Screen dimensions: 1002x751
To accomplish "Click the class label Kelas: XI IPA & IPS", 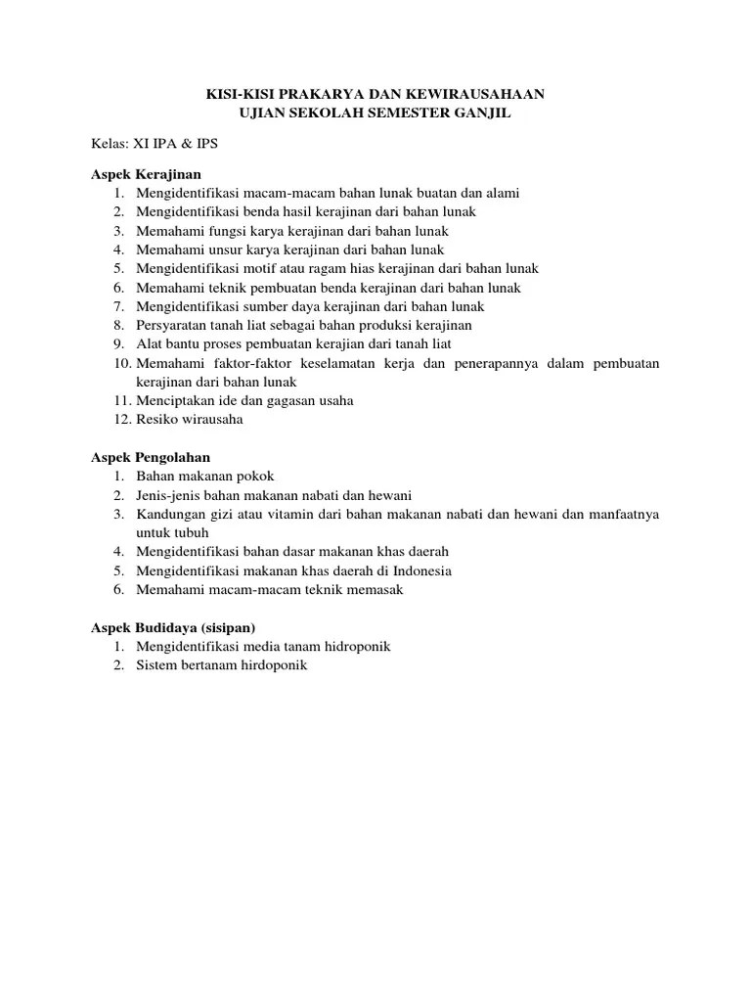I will pos(155,144).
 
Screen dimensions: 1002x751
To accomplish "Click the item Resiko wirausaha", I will pos(190,420).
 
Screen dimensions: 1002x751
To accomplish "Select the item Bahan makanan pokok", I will pos(199,477).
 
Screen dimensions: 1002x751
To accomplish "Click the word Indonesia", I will pos(422,570).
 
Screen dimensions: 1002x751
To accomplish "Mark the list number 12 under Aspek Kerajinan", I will pos(119,420).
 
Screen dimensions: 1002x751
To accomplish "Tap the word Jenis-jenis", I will pos(168,495).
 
